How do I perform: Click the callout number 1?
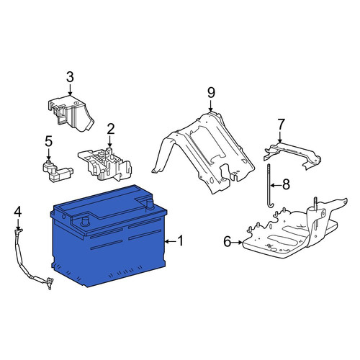tap(180, 241)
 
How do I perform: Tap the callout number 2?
tap(111, 129)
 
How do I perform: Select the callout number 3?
tap(70, 77)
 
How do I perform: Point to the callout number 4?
tap(18, 212)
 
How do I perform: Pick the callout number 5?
tap(48, 141)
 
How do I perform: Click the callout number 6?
tap(227, 241)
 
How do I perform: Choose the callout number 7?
tap(281, 125)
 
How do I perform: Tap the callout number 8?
tap(286, 184)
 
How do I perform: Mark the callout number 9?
tap(211, 93)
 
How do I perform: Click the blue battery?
tap(109, 236)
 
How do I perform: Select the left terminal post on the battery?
tap(85, 221)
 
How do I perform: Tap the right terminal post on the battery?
tap(150, 204)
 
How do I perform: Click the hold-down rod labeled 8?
tap(269, 186)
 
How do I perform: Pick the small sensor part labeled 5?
tap(58, 171)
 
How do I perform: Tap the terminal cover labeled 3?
tap(71, 113)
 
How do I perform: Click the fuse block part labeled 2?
tap(105, 164)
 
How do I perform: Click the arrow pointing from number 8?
tap(276, 185)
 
